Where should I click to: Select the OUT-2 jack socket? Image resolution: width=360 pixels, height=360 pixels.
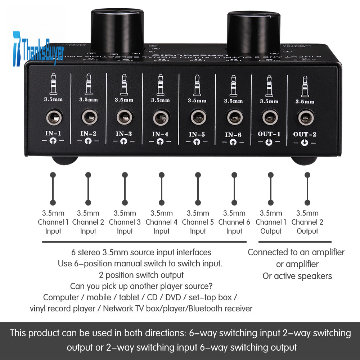click(305, 117)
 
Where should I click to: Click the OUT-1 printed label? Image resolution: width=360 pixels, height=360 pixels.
click(269, 134)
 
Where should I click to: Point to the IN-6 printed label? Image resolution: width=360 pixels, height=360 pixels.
click(233, 135)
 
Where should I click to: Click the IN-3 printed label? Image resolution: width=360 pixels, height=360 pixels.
click(124, 134)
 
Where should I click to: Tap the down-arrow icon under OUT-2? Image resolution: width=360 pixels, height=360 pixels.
click(305, 143)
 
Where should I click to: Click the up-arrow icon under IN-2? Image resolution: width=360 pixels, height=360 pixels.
click(88, 142)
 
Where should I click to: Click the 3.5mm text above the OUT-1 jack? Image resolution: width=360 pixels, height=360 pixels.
click(269, 101)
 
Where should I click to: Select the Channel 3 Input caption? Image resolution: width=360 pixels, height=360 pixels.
click(125, 222)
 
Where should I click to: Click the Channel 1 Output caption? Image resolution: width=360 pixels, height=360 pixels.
click(271, 222)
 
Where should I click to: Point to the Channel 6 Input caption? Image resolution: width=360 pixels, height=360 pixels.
click(234, 222)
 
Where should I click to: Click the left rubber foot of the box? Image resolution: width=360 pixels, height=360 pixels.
click(65, 160)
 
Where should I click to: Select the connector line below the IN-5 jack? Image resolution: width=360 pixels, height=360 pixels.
click(198, 189)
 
